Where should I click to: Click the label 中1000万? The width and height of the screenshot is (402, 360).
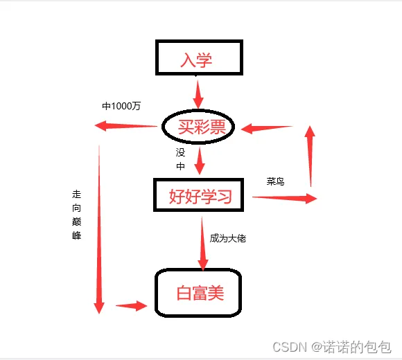[x=121, y=106]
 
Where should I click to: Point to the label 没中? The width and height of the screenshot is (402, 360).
[x=180, y=159]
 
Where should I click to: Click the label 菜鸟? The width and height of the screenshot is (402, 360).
[x=275, y=181]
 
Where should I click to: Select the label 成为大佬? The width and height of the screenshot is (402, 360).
[x=227, y=238]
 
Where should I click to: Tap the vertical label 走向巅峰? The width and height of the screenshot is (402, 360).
[x=76, y=215]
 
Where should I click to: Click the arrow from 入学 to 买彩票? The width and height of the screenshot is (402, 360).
[x=198, y=94]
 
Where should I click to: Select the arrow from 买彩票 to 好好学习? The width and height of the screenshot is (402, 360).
[x=200, y=161]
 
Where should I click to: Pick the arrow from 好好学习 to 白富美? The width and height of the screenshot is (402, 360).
[x=202, y=244]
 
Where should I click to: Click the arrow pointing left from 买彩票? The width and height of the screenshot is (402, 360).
[x=126, y=126]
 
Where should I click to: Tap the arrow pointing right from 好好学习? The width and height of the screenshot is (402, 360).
[x=285, y=198]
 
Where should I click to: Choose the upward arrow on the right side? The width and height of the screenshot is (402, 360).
[x=310, y=156]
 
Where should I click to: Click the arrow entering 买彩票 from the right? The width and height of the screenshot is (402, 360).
[x=267, y=128]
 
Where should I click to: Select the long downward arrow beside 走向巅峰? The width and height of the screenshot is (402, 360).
[x=99, y=229]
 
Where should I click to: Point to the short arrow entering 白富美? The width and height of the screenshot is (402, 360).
[x=132, y=306]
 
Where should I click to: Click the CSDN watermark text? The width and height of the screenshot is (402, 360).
[x=332, y=348]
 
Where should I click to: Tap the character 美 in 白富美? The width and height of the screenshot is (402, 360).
[x=216, y=293]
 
